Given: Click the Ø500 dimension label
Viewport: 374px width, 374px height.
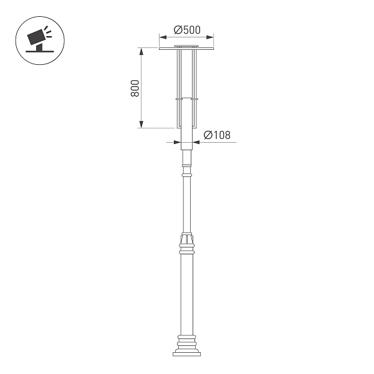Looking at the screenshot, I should point(186,30).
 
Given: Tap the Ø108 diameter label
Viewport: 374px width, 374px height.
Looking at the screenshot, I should point(218,135).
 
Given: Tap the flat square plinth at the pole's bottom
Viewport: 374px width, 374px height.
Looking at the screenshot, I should point(186,353).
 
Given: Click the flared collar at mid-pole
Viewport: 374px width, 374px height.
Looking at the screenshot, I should point(186,239).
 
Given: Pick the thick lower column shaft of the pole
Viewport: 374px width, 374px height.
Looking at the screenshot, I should point(186,293).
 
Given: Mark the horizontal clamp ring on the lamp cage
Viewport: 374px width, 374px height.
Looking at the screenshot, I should point(186,99).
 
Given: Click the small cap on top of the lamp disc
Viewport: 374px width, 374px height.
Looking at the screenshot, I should point(186,46).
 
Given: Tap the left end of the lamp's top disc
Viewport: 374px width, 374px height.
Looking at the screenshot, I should point(161,49).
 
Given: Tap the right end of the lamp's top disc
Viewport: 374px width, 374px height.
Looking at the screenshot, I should point(213,49).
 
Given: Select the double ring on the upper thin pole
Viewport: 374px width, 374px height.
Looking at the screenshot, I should point(186,176).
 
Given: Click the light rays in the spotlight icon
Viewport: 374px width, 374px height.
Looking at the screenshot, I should point(49,31).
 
